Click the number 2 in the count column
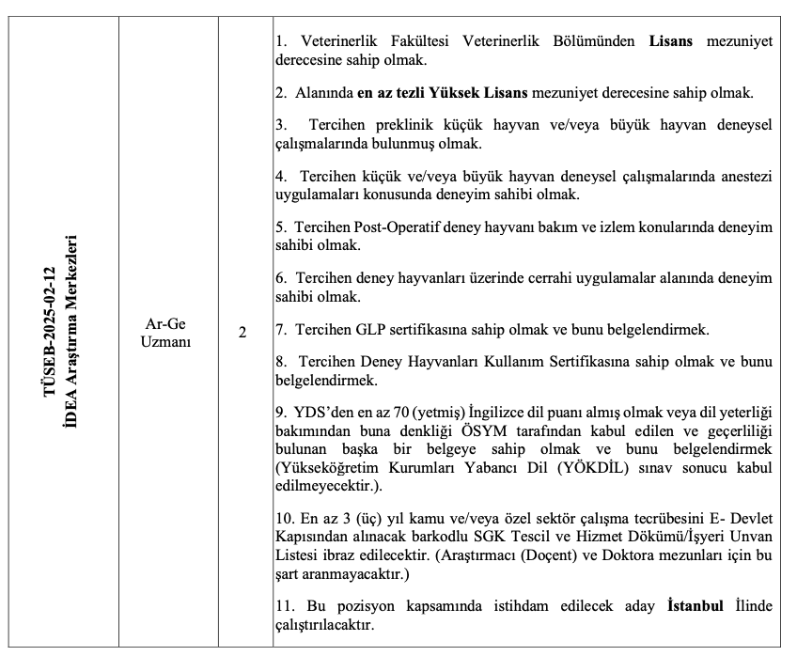[242, 333]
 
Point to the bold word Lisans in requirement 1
[670, 42]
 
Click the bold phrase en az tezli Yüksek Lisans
[444, 93]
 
